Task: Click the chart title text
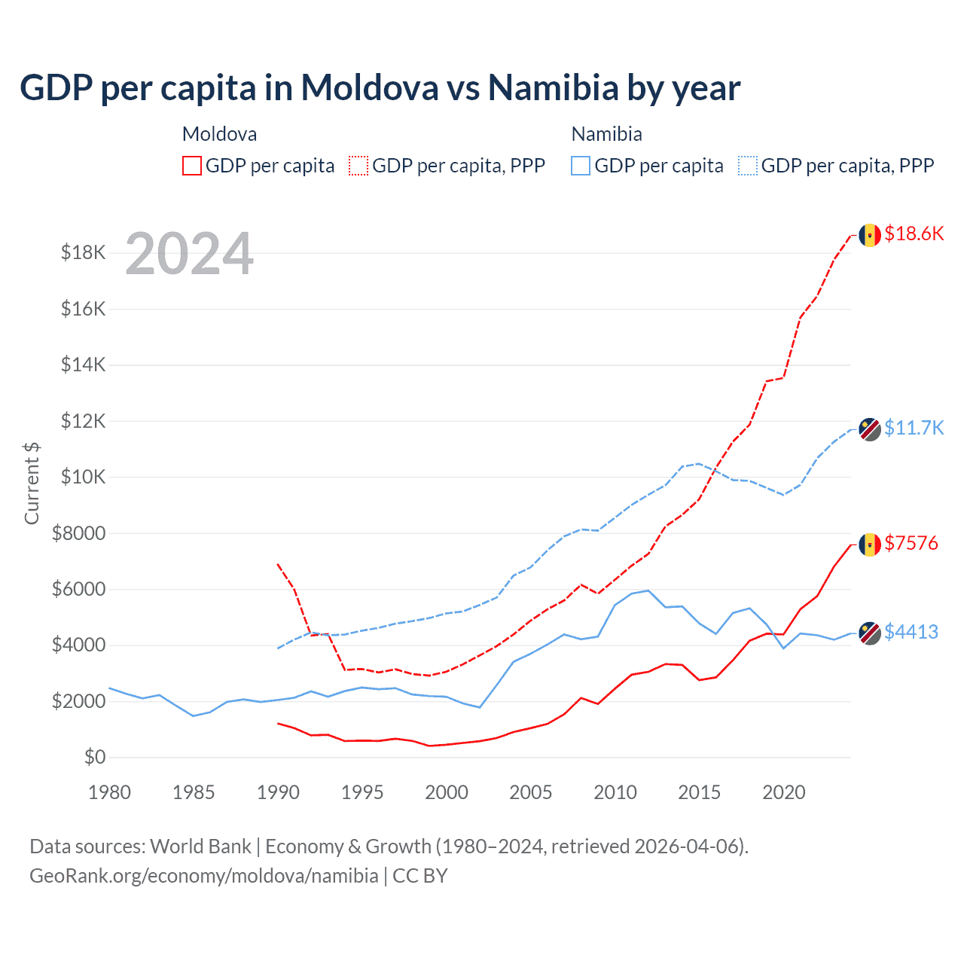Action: [380, 88]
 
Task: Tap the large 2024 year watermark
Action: [189, 254]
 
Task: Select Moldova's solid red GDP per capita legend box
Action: [192, 166]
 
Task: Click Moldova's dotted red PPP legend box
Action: [358, 166]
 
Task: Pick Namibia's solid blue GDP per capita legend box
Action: [581, 166]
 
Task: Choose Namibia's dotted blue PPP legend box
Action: [748, 166]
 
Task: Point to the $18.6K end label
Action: [914, 233]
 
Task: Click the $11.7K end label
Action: [914, 428]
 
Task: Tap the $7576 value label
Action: [911, 543]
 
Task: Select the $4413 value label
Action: [911, 632]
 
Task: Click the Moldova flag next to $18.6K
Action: [870, 235]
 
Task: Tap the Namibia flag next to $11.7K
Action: [870, 429]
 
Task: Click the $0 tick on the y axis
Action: [95, 757]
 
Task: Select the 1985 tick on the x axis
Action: [194, 792]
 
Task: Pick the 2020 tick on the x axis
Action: [784, 792]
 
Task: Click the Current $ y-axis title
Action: [32, 483]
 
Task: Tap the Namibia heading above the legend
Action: [606, 134]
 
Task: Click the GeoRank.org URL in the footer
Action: [204, 876]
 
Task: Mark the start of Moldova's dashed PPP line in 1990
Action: [278, 563]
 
